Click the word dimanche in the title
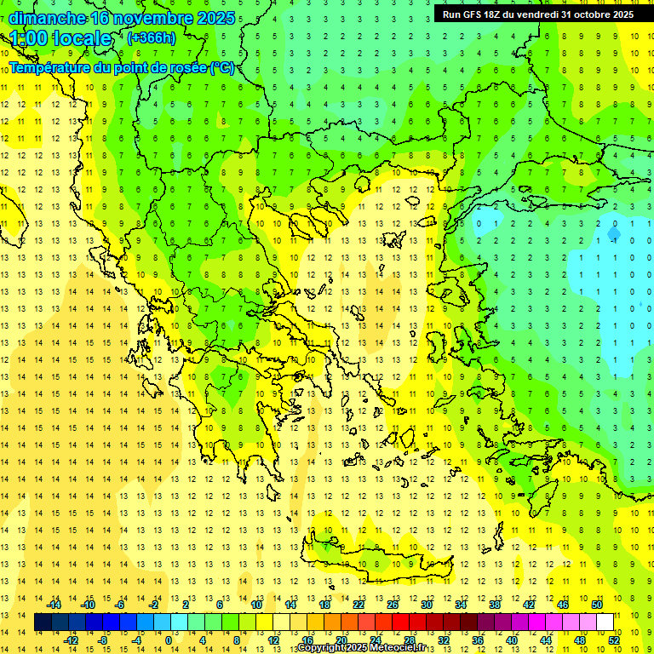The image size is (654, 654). [47, 18]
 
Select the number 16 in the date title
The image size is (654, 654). [100, 18]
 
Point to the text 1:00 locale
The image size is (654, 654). [60, 38]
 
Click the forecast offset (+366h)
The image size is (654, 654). [151, 37]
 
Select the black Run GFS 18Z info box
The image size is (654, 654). [536, 14]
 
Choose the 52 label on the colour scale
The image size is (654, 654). [614, 640]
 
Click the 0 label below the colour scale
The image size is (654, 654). [169, 640]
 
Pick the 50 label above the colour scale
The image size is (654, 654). [596, 605]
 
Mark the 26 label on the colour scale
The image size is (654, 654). [392, 605]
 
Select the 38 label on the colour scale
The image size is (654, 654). [494, 605]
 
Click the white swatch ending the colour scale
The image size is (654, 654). [605, 622]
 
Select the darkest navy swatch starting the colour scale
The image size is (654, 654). [43, 622]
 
